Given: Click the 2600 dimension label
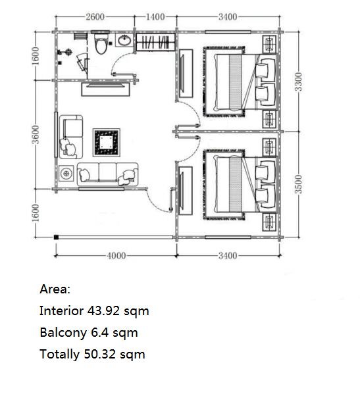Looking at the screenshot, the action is [95, 17].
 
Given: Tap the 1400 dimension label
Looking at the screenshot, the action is [155, 17].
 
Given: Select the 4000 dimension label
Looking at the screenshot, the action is [116, 256].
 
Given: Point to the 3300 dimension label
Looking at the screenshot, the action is [298, 82].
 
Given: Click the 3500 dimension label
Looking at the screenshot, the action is [298, 184].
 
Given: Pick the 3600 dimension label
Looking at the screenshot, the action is [36, 134].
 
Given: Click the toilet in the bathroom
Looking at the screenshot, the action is [101, 43].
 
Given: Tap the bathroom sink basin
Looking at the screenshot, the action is [124, 40].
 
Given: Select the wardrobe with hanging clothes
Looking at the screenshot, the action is [155, 42].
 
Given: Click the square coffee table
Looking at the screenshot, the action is [107, 143].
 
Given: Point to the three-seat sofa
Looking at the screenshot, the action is [107, 174].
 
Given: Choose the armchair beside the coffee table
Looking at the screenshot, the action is [71, 137].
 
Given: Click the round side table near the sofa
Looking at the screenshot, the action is [66, 174].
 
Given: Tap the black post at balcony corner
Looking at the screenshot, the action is [56, 237].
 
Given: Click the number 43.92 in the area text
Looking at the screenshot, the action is [103, 311].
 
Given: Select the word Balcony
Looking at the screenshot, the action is [63, 333].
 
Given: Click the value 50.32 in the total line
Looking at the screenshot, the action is [100, 355].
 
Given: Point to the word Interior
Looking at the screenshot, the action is [61, 310].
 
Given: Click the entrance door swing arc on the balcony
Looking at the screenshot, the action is [153, 203].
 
